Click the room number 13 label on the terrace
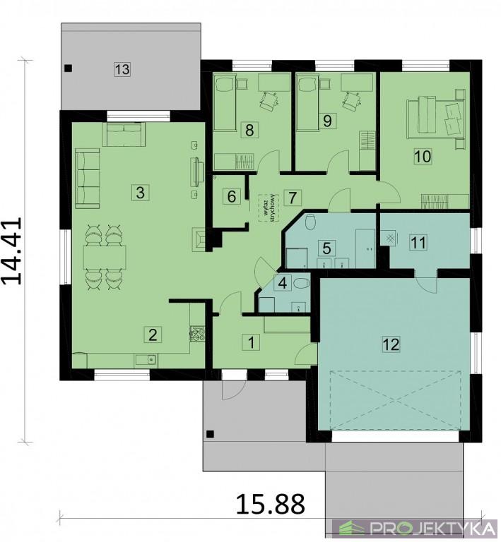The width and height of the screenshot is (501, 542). [122, 69]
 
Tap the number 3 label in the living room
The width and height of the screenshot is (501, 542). [140, 192]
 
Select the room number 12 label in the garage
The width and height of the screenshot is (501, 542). [391, 344]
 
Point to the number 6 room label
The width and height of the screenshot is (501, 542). [232, 196]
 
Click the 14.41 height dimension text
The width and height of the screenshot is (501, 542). [12, 251]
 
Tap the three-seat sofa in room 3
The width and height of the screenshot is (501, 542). [88, 179]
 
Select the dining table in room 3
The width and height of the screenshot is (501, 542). [105, 257]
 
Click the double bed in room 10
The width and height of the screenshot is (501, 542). [436, 119]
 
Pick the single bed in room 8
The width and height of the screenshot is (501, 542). [225, 103]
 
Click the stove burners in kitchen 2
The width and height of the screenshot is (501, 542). [197, 334]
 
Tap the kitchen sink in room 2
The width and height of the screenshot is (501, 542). [146, 361]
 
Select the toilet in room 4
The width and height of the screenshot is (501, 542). [301, 284]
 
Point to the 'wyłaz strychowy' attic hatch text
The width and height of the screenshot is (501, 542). [269, 207]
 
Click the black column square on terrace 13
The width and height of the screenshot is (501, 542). [69, 68]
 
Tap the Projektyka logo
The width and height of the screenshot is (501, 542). [415, 529]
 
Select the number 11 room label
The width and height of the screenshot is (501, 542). [418, 242]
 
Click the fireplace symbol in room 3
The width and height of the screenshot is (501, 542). [199, 239]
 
